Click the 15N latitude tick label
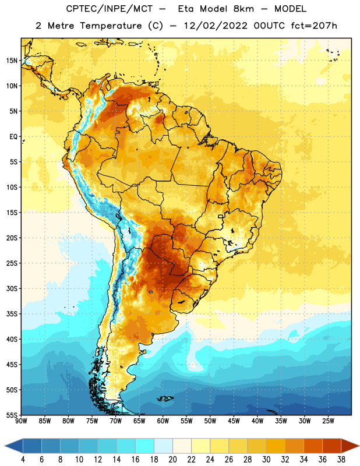coord(12,61)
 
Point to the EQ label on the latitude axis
coord(13,137)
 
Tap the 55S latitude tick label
coord(12,415)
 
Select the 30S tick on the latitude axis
coord(12,288)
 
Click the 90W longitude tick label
coord(21,421)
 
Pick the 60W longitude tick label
coord(163,421)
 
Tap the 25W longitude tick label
coord(328,421)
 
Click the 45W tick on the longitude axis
coord(234,421)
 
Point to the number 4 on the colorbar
coord(23,460)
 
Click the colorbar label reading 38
coord(341,460)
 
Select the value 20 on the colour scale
coord(172,460)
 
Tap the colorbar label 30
coord(266,460)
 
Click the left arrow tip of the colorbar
coord(5,446)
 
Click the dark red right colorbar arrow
coord(350,446)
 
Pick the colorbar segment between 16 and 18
coord(145,446)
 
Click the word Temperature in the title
coord(111,26)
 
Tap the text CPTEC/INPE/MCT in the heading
coord(109,9)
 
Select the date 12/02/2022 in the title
coord(216,26)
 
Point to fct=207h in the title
coord(314,26)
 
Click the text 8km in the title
coord(243,9)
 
